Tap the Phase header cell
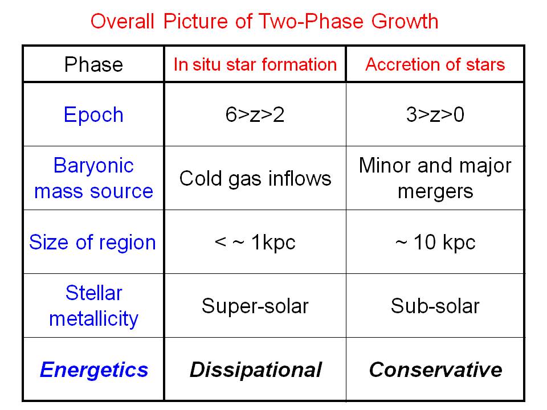(x=93, y=64)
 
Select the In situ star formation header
(x=255, y=64)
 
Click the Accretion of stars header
(x=435, y=64)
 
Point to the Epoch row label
(x=93, y=115)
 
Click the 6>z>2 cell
(x=255, y=114)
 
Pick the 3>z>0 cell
(x=435, y=114)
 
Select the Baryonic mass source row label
(x=93, y=178)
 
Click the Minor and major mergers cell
(x=435, y=178)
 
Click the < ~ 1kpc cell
(x=255, y=243)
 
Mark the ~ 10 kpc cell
(x=435, y=243)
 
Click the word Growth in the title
(x=405, y=21)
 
